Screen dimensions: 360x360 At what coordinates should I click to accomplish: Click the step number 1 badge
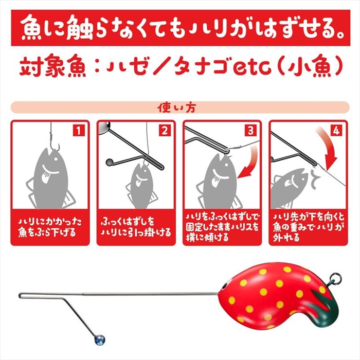point(79,131)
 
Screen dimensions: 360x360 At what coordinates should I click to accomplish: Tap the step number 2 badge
point(165,131)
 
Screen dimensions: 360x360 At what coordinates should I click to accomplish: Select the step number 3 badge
point(251,131)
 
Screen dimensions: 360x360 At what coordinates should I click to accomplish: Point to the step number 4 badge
point(336,131)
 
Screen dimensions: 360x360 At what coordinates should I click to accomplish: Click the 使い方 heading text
point(176,107)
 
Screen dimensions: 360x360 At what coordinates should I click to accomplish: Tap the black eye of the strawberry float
point(225,285)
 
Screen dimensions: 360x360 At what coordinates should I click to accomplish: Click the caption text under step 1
point(50,227)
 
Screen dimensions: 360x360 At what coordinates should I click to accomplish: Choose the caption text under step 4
point(309,227)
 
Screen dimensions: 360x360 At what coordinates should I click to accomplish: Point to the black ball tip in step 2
point(109,162)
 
